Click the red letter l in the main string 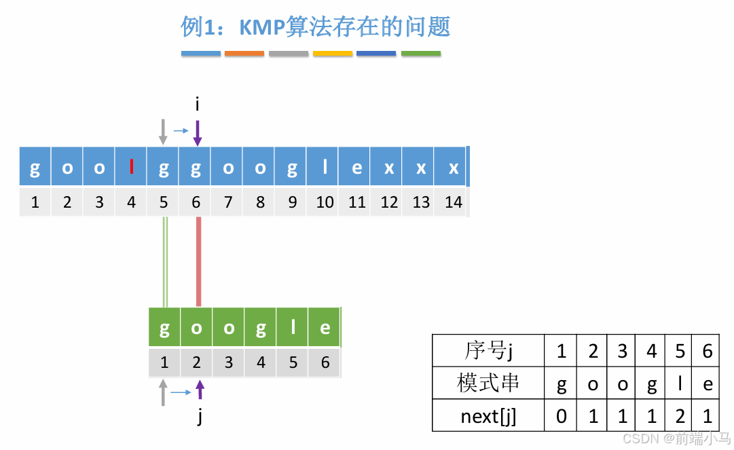[131, 167]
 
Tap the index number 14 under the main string [453, 202]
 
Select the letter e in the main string [356, 168]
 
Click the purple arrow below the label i [197, 133]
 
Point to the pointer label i [197, 105]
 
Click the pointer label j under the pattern [200, 416]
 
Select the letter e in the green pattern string [325, 329]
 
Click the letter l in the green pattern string [293, 329]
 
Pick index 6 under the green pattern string [325, 362]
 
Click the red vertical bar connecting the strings [198, 261]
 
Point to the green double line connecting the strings [165, 261]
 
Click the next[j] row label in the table [488, 416]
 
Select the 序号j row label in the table [488, 351]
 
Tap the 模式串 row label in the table [488, 383]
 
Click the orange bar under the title [244, 53]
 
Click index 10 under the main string [325, 202]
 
